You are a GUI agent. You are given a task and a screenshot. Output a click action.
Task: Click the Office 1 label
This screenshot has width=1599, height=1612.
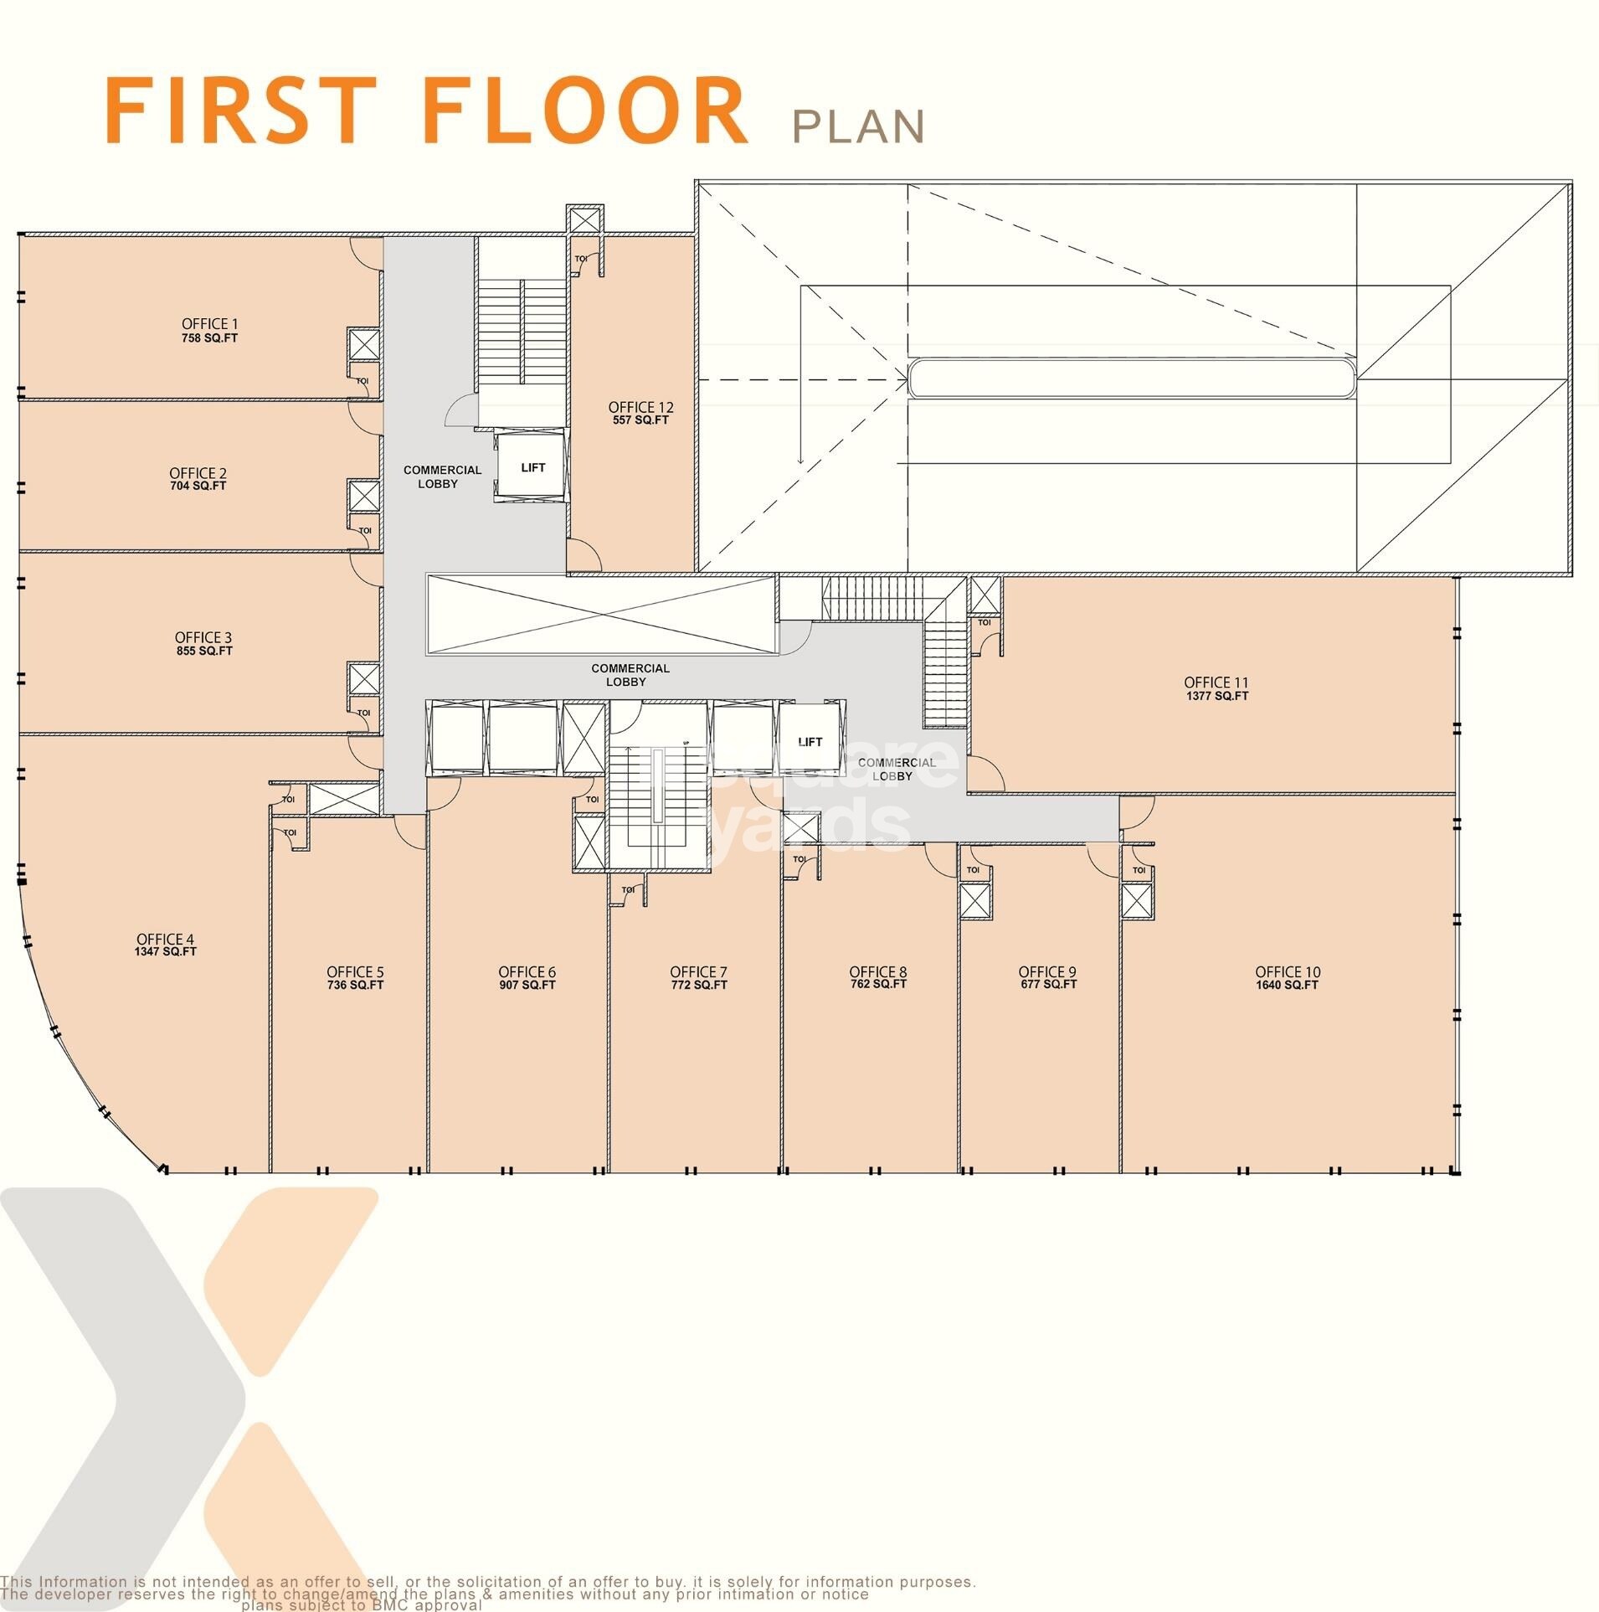pos(209,324)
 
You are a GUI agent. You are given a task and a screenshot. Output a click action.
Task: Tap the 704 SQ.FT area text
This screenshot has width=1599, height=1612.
pos(198,486)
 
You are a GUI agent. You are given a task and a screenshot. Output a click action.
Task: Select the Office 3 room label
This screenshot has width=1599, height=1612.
pos(203,637)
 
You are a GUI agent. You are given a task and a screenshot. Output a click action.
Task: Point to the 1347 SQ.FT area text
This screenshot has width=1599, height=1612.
pos(165,951)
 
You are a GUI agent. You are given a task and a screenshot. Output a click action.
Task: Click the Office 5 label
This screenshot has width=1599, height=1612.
pos(355,972)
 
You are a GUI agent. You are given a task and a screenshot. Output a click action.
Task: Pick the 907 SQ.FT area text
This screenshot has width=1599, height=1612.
pos(527,985)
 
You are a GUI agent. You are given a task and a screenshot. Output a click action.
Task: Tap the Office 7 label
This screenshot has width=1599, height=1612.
pos(698,972)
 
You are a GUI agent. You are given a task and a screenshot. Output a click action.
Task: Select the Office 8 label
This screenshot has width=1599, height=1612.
pos(877,972)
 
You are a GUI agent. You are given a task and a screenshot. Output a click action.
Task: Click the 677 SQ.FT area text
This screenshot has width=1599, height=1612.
pos(1047,984)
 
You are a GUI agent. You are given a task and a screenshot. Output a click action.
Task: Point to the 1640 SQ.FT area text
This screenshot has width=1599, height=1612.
pos(1287,985)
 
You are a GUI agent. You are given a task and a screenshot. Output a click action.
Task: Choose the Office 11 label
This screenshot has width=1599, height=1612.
pos(1216,682)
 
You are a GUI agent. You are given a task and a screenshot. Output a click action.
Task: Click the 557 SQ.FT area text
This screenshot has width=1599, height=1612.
pos(640,420)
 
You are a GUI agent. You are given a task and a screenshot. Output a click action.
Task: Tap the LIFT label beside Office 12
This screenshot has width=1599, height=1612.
pos(533,468)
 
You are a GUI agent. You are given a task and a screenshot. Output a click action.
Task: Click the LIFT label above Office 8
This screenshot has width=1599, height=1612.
pos(810,742)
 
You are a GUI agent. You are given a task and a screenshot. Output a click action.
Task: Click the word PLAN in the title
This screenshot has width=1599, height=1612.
pos(858,126)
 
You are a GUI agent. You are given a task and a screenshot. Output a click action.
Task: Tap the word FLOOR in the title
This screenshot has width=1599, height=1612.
pos(586,111)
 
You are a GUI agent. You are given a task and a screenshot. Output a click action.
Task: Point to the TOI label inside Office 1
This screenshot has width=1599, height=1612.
pos(362,381)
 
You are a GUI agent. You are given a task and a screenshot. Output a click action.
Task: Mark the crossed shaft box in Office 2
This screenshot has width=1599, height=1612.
pos(364,496)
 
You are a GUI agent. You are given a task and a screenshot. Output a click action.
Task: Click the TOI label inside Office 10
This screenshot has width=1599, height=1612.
pos(1139,870)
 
